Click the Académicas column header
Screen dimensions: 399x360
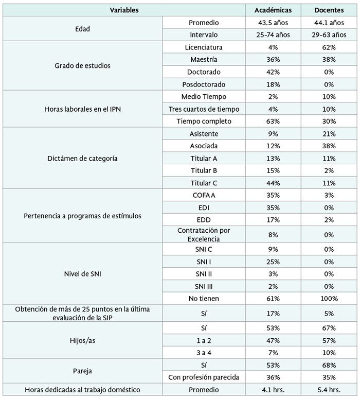(x=273, y=10)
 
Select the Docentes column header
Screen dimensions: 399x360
(x=329, y=10)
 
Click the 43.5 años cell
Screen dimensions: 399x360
(x=273, y=23)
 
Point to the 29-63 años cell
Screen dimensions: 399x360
(x=329, y=35)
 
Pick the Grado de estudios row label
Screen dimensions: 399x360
(x=82, y=66)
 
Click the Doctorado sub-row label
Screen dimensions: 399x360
(x=204, y=72)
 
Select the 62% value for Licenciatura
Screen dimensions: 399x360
(x=329, y=47)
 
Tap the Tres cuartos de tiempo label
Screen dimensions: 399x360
(x=204, y=109)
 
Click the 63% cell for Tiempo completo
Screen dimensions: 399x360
(x=273, y=122)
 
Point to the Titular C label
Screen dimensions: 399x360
(x=204, y=183)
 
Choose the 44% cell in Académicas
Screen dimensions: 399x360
(x=273, y=183)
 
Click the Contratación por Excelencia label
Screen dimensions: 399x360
(x=204, y=235)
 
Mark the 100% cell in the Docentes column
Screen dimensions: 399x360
(x=329, y=299)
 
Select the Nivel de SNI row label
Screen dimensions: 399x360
(x=82, y=274)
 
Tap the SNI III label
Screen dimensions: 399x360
(x=204, y=286)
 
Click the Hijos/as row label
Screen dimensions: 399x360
(x=82, y=341)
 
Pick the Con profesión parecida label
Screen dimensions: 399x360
(x=204, y=377)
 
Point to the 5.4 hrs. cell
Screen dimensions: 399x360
(x=329, y=390)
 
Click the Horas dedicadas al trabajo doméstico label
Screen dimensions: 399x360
(x=82, y=390)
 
